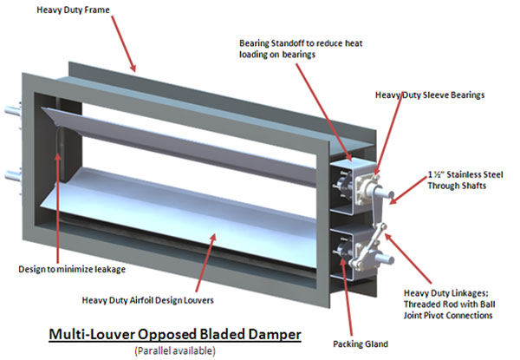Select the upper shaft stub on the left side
click(x=12, y=111)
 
